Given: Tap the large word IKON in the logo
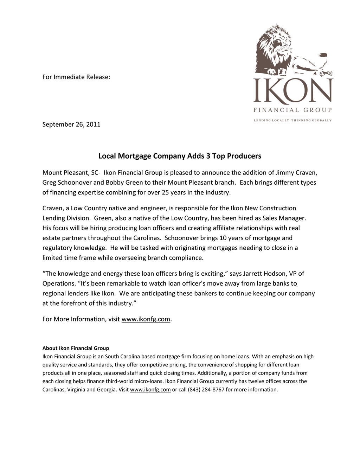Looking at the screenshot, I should [293, 91].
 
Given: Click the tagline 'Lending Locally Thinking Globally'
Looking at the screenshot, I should [292, 120].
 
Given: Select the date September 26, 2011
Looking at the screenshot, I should [71, 124].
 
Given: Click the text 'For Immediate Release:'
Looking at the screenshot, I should [76, 77].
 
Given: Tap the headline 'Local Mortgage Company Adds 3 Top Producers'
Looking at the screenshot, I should [180, 156].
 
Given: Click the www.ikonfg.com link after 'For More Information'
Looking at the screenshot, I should [146, 319].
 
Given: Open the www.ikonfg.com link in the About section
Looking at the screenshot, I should [150, 389].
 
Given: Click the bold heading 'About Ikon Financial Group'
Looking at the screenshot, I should [76, 348].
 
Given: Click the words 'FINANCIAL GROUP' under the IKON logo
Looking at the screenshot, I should [292, 110].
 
